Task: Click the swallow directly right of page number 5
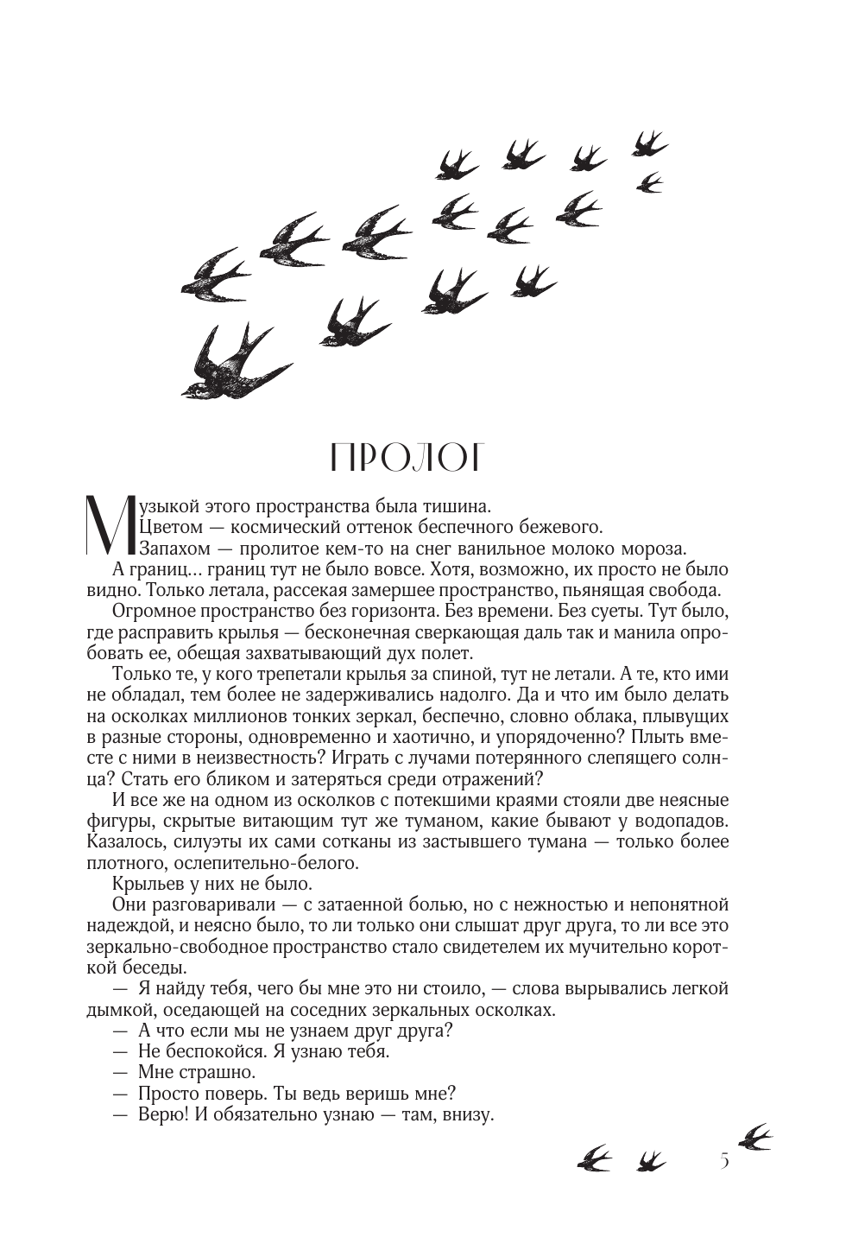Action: [754, 1137]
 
